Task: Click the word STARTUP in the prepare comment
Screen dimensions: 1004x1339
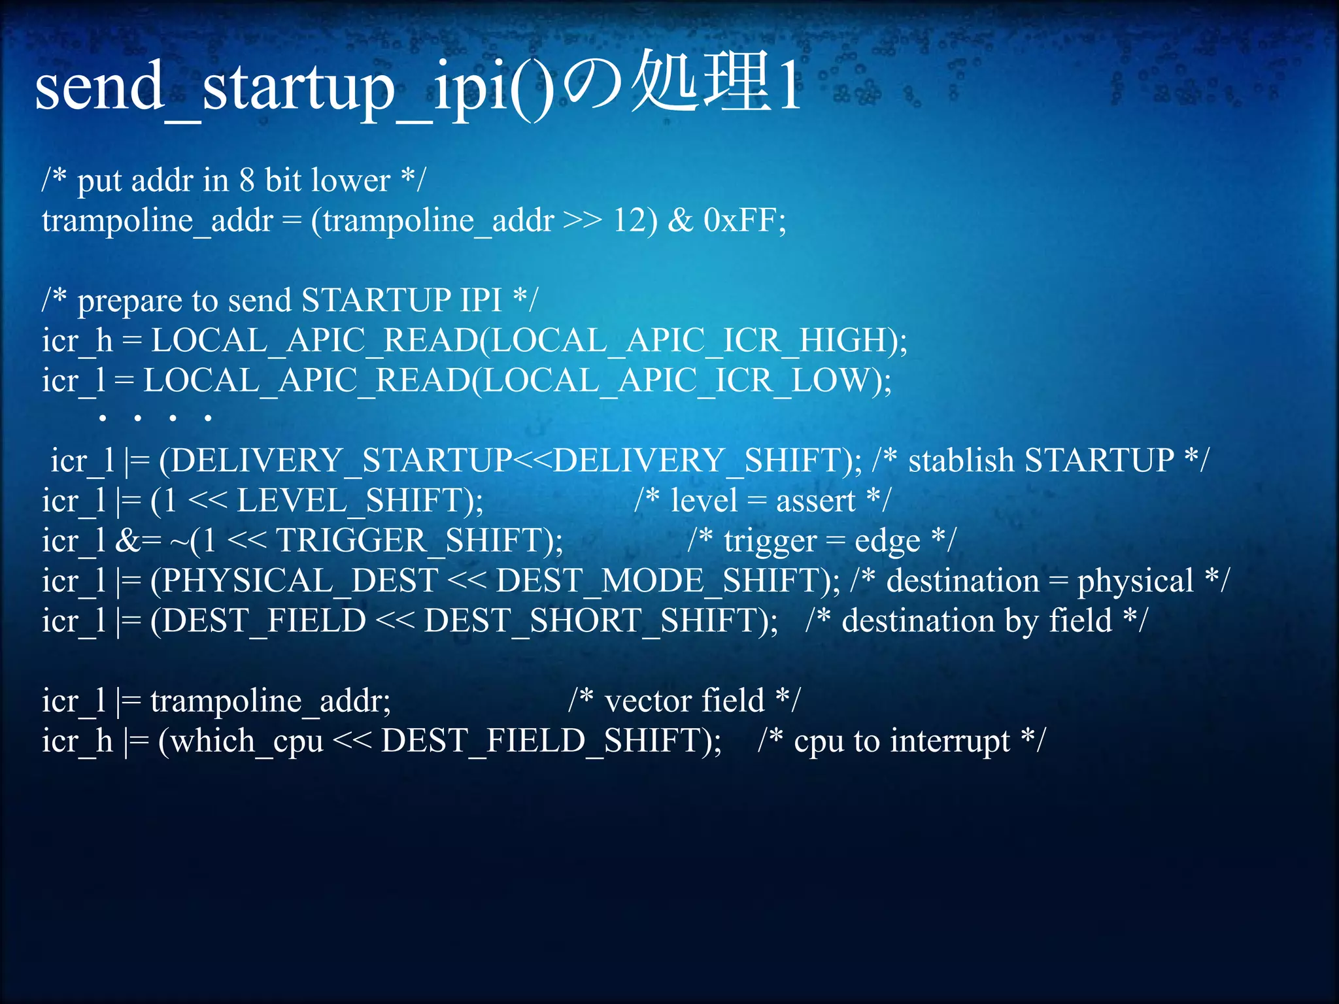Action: click(375, 301)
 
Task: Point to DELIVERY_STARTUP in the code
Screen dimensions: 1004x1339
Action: click(341, 460)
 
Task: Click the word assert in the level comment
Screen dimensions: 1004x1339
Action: click(815, 501)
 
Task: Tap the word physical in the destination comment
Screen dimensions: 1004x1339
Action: click(1135, 582)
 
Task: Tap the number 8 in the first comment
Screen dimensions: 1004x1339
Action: click(246, 180)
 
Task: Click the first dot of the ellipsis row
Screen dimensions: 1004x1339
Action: click(103, 417)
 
